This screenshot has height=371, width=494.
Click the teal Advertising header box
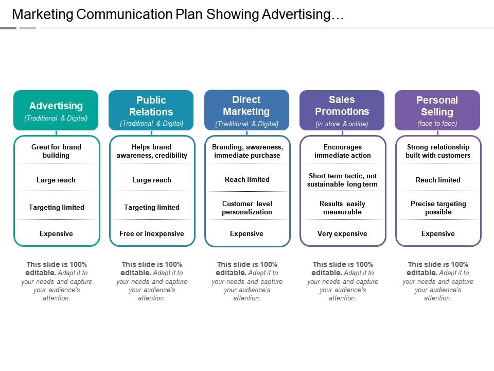pos(56,110)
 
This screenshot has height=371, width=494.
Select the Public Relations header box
pos(151,110)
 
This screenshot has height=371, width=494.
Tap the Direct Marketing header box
pos(246,110)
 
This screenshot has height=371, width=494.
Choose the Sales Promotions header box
pos(342,110)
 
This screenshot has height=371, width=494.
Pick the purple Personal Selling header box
pos(437,110)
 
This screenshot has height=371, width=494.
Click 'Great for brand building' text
pos(56,151)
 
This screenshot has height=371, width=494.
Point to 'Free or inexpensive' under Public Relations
pos(151,233)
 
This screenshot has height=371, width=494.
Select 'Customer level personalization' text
pos(247,208)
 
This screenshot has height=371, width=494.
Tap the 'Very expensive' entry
pos(342,233)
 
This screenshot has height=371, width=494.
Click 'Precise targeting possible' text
pos(438,208)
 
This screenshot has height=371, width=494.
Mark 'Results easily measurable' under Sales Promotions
pos(342,208)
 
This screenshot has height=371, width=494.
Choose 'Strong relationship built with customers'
pos(438,151)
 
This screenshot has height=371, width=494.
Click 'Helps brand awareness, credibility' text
pos(152,151)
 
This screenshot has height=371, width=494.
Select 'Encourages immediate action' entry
pos(343,151)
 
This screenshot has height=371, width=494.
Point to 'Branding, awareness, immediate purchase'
pos(247,151)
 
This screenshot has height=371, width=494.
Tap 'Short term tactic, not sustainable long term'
pos(342,180)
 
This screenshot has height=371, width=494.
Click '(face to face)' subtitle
pos(437,124)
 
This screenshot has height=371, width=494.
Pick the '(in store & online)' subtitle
pos(342,124)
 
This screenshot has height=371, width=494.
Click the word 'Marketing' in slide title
pos(42,14)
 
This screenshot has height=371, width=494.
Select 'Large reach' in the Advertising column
pos(56,180)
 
